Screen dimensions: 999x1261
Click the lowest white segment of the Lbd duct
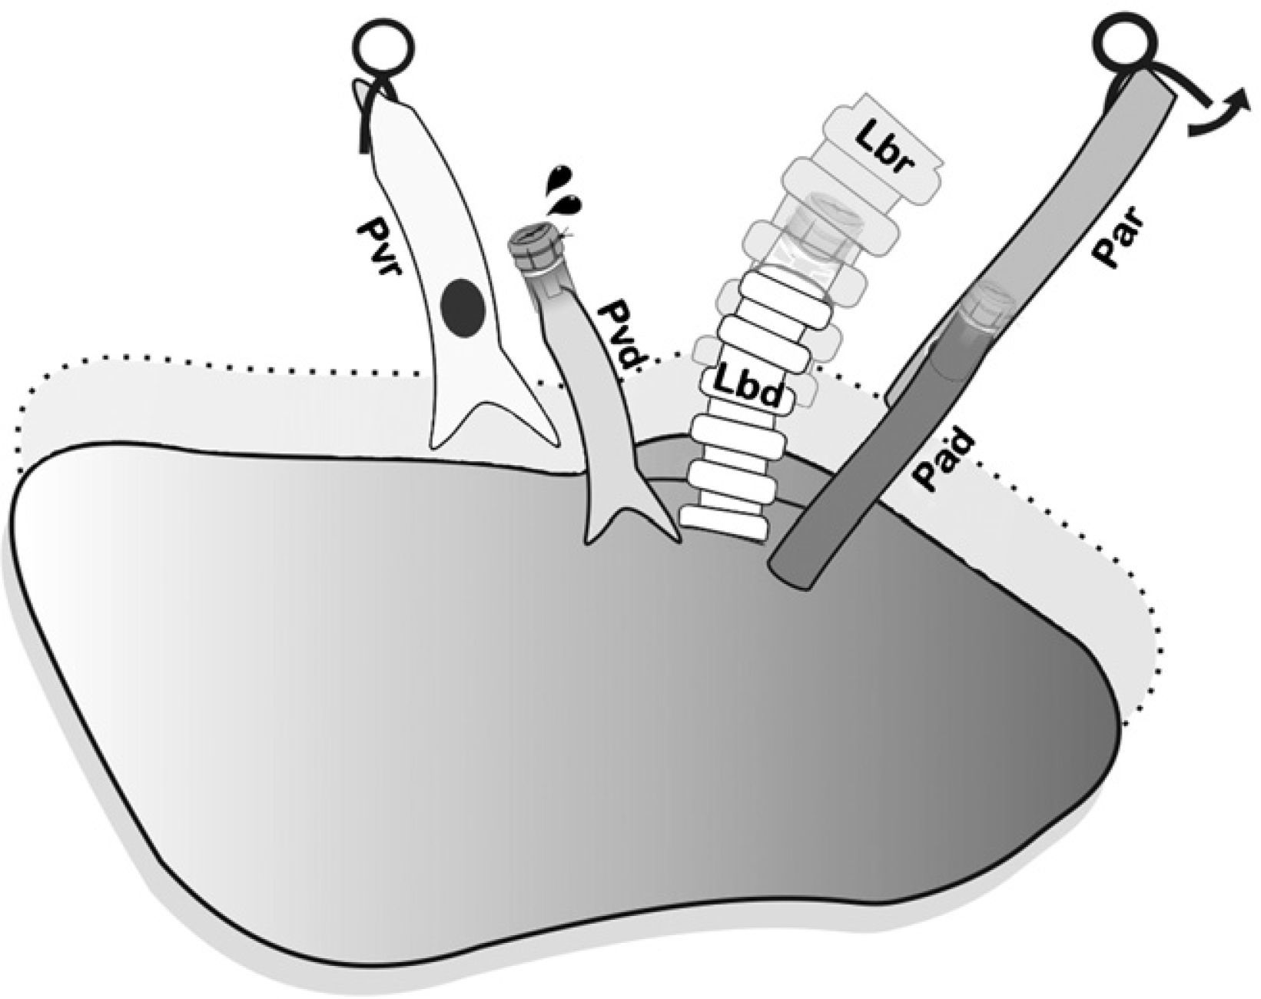click(725, 521)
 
